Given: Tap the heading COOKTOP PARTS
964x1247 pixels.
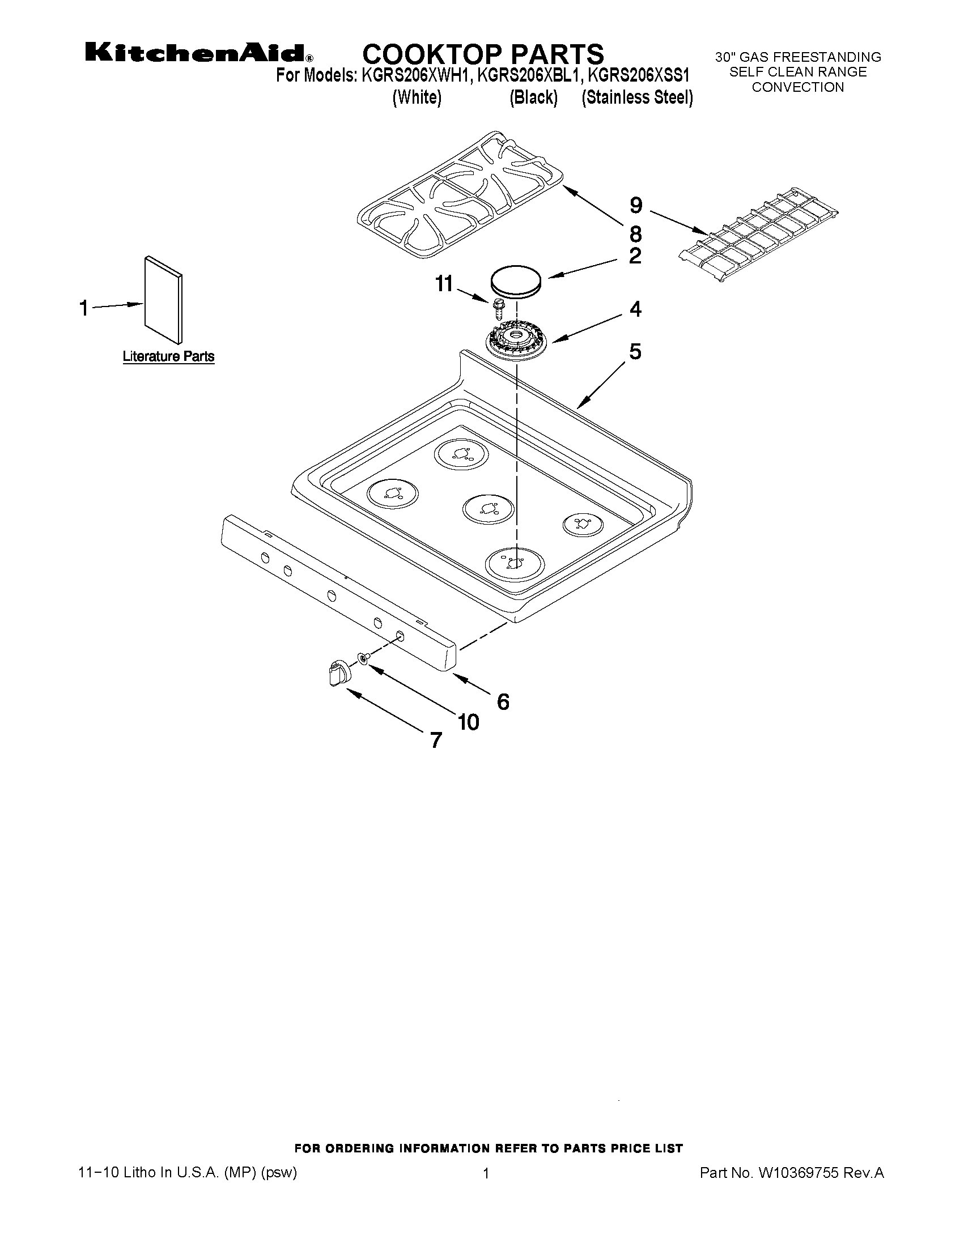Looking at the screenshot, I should [483, 54].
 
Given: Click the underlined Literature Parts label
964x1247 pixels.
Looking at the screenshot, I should [168, 357].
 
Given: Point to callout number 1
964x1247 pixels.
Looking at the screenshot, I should [84, 308].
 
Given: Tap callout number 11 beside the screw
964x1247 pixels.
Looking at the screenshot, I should [444, 284].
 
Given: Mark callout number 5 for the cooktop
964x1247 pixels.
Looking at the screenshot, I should [635, 352].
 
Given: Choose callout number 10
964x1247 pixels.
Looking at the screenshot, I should [468, 723].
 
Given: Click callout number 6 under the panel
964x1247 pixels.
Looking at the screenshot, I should [503, 702].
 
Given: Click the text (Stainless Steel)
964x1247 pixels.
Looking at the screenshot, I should [637, 97].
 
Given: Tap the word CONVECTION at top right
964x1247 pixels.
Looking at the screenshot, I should [797, 87].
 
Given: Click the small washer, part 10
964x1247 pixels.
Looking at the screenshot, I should [363, 659].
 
